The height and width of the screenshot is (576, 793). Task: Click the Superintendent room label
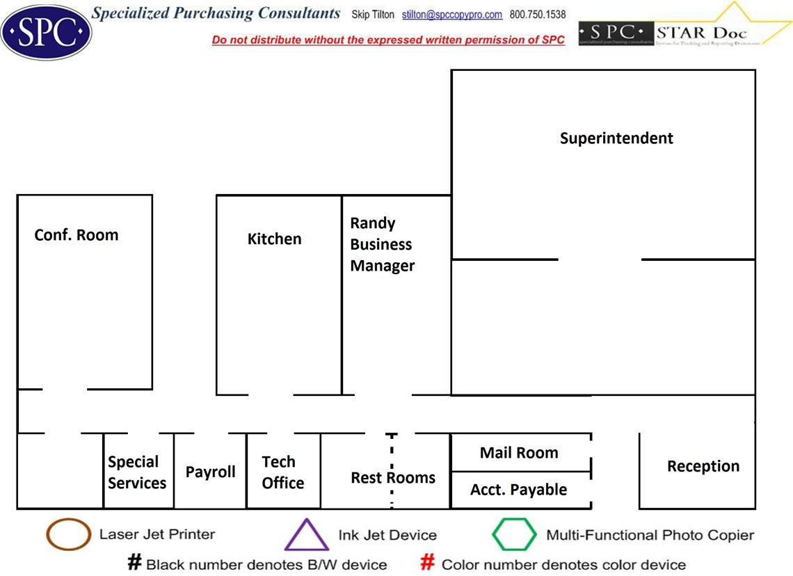(x=616, y=138)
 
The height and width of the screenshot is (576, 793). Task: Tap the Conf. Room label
(x=77, y=235)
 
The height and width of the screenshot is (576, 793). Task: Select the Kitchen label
(x=275, y=239)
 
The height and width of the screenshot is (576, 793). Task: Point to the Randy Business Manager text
(x=382, y=244)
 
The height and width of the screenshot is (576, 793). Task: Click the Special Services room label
(x=136, y=472)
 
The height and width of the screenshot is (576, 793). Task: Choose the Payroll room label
(x=210, y=472)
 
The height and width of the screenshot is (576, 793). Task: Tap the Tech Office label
(x=282, y=472)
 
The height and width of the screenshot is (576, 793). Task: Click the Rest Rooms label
(x=393, y=478)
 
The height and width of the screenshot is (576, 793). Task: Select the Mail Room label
(x=519, y=453)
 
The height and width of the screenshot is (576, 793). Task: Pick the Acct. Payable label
(x=518, y=490)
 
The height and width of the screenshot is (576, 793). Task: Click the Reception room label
(x=703, y=466)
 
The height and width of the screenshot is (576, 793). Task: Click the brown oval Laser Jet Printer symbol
(x=68, y=535)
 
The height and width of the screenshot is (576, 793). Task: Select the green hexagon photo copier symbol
(x=514, y=535)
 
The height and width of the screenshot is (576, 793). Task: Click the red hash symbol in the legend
(x=428, y=563)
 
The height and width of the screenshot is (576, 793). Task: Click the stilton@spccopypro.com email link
(x=452, y=15)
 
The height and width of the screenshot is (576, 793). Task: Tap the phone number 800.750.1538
(x=538, y=15)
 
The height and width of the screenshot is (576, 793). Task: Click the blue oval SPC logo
(x=46, y=31)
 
